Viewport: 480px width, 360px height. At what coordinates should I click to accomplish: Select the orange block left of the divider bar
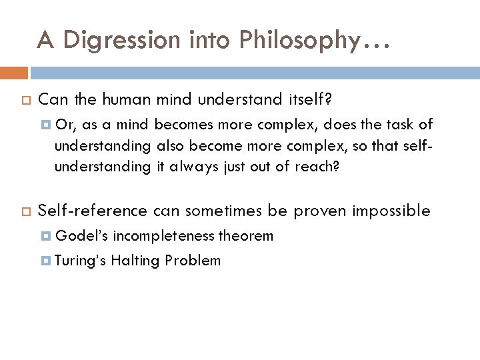point(14,72)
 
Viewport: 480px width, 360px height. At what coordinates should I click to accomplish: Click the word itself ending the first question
point(307,100)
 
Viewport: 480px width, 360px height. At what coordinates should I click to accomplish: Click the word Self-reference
point(93,211)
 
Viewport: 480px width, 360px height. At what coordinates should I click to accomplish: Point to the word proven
point(316,211)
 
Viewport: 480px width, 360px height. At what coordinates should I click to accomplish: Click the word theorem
point(246,235)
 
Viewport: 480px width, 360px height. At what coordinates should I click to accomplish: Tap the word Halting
point(135,261)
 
